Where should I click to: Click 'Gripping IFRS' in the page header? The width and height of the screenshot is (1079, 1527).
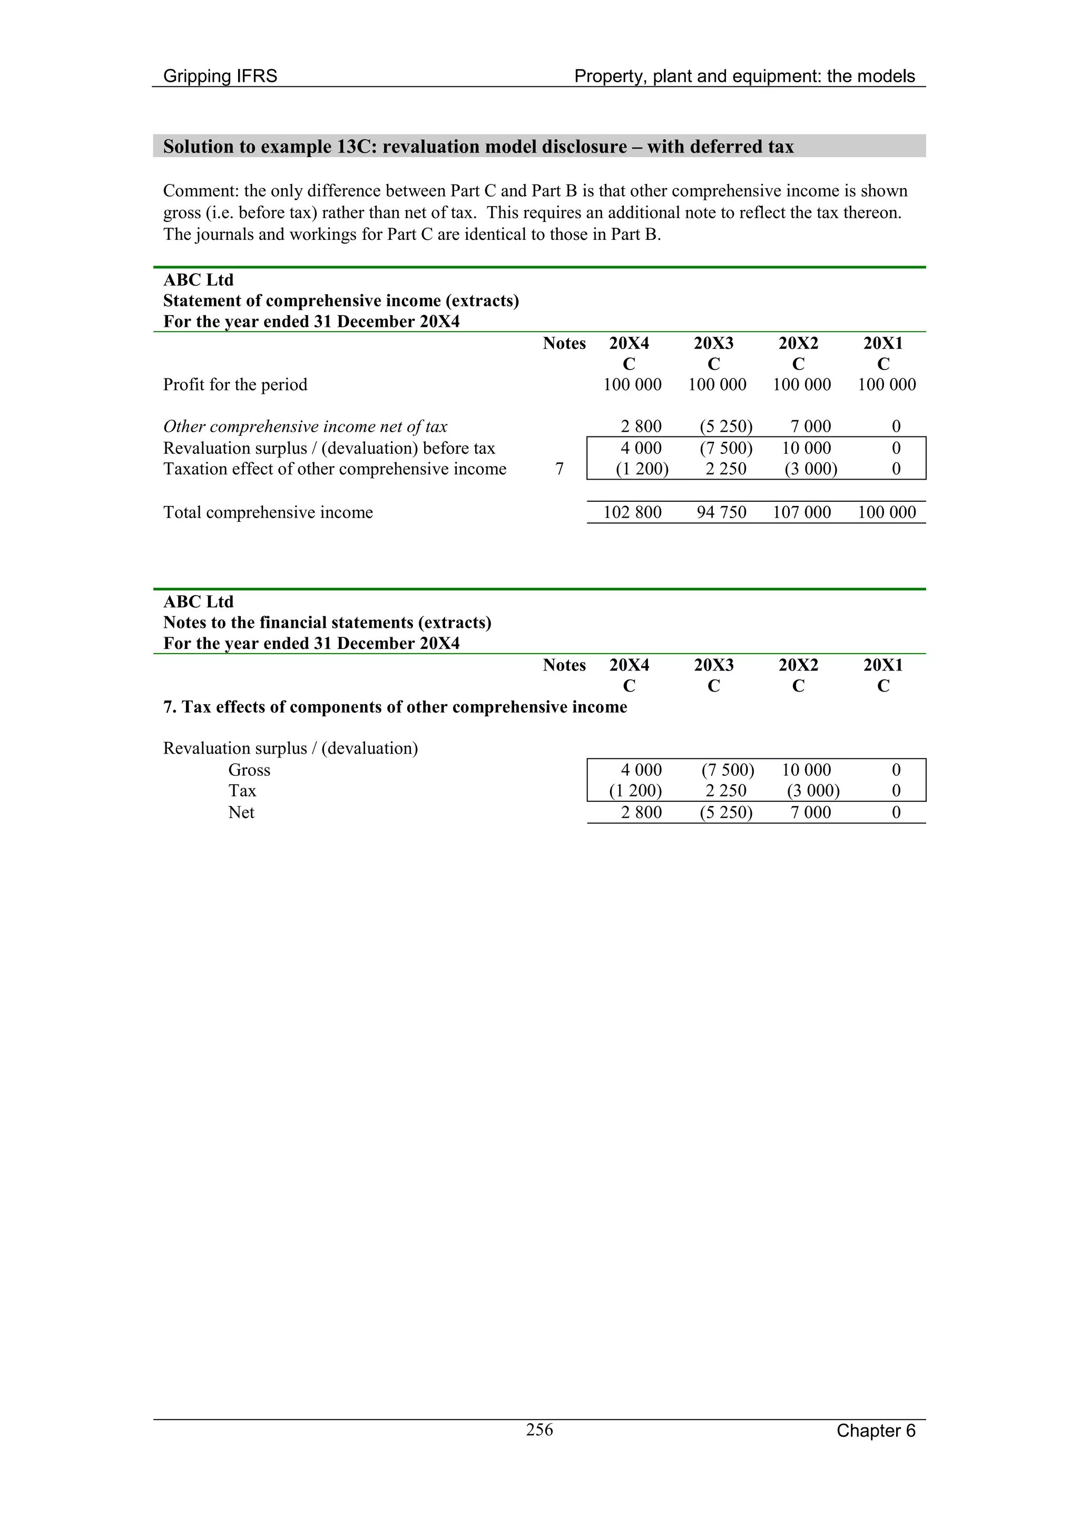point(220,76)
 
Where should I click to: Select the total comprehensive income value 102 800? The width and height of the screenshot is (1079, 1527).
point(632,512)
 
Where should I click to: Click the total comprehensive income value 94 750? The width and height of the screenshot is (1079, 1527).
point(721,512)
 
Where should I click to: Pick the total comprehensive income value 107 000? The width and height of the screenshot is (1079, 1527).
point(801,512)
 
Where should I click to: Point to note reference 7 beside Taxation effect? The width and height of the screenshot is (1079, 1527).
point(559,469)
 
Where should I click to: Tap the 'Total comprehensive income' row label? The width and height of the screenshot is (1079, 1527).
point(268,512)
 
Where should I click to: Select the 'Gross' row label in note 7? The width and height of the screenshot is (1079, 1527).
point(249,770)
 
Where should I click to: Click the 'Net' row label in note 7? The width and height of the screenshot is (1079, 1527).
point(241,812)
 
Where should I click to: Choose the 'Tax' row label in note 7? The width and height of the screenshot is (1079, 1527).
point(242,791)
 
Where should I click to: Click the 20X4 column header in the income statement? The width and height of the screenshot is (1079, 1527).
point(629,343)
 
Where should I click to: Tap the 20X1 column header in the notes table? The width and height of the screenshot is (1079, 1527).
point(883,665)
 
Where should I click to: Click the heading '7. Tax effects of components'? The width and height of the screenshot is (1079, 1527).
point(395,706)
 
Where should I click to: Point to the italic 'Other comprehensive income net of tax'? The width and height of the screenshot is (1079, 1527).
point(305,426)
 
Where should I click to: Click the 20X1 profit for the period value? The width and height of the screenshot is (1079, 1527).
point(886,384)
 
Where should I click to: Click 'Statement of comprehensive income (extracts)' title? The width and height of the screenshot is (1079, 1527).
point(340,300)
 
